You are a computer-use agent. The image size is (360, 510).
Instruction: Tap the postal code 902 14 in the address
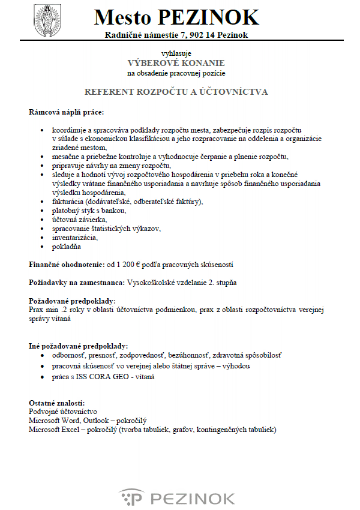pyautogui.click(x=193, y=35)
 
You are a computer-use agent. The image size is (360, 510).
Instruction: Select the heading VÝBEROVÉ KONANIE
pyautogui.click(x=176, y=62)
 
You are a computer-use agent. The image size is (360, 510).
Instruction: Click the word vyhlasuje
pyautogui.click(x=175, y=53)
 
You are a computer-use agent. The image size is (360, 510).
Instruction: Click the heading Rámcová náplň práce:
pyautogui.click(x=66, y=112)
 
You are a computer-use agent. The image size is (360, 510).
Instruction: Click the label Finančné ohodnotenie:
pyautogui.click(x=67, y=264)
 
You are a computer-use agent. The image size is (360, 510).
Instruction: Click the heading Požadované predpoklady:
pyautogui.click(x=72, y=300)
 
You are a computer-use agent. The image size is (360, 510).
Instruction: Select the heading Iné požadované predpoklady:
pyautogui.click(x=78, y=346)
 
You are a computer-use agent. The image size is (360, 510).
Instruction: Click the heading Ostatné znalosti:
pyautogui.click(x=57, y=403)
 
